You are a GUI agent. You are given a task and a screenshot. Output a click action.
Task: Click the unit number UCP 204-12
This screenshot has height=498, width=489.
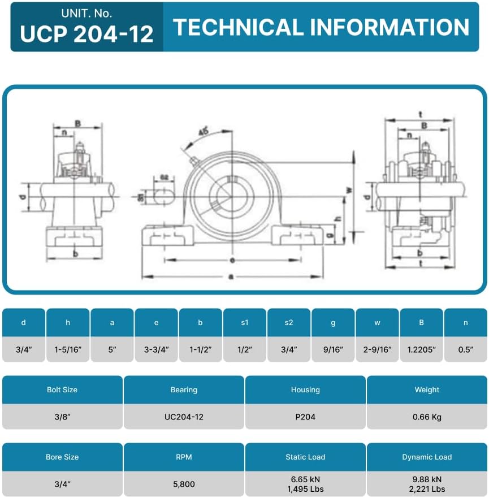click(86, 34)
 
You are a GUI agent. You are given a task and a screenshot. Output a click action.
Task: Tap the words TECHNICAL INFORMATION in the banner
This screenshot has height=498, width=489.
click(321, 27)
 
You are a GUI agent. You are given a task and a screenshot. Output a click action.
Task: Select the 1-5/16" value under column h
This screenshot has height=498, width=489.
click(68, 350)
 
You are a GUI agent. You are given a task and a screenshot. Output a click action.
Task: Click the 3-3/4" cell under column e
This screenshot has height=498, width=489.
click(156, 350)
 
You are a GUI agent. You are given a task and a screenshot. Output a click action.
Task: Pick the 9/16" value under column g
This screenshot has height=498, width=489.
click(333, 350)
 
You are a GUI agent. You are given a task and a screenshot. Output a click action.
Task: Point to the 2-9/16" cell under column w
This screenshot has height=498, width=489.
click(377, 350)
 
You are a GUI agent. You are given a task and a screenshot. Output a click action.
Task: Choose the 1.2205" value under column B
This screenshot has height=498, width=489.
click(421, 350)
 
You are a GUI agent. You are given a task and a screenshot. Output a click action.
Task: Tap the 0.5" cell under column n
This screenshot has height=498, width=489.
click(465, 350)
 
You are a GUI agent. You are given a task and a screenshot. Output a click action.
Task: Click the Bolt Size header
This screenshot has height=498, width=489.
click(62, 389)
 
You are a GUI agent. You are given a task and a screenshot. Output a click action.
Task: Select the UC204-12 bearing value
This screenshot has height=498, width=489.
click(184, 417)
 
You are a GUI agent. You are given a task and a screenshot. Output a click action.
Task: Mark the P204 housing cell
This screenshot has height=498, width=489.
click(305, 417)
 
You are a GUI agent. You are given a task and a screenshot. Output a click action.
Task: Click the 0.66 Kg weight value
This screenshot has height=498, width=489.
click(427, 417)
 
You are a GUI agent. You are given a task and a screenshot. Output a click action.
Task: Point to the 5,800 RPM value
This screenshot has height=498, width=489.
click(184, 484)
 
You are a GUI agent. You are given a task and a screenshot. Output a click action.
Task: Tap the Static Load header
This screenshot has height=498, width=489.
click(305, 457)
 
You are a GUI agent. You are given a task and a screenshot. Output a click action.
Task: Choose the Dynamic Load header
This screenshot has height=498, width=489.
click(427, 457)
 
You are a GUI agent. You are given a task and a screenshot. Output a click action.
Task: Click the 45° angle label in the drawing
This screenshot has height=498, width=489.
click(203, 131)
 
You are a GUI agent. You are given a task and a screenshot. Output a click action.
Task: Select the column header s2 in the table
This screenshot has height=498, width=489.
click(289, 323)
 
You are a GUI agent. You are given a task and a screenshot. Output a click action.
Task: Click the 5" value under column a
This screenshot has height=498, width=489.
click(112, 350)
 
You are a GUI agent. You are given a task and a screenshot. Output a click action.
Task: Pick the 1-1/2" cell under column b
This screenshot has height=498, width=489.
click(200, 350)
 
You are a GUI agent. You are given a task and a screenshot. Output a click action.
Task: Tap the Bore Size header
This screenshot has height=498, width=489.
click(62, 457)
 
